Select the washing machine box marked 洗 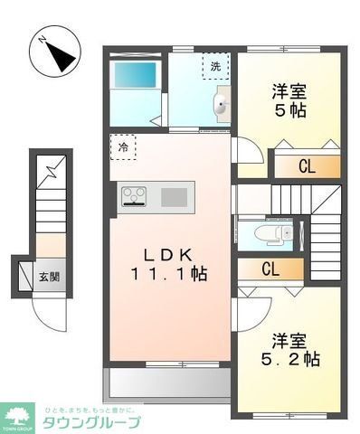(x=215, y=66)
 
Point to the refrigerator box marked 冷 (x=123, y=146)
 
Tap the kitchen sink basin (x=175, y=196)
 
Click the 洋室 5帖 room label (x=289, y=101)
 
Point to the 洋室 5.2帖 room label (x=289, y=349)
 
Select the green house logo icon (x=20, y=417)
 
